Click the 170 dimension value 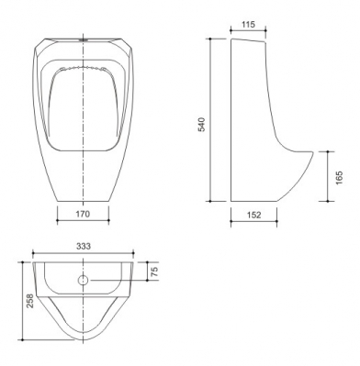tap(83, 214)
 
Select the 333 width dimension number tap(84, 246)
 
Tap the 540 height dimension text tap(202, 124)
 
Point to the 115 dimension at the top tap(248, 24)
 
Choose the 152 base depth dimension tap(253, 215)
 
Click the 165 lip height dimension tap(339, 177)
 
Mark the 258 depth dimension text tap(29, 301)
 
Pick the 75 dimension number tap(154, 272)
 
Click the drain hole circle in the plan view tap(83, 280)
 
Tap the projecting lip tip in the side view tap(313, 152)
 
